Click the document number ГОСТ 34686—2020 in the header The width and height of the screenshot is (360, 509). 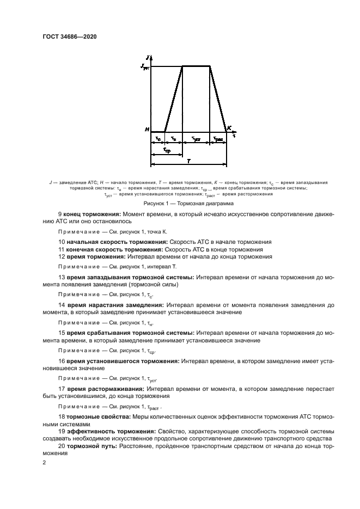click(74, 36)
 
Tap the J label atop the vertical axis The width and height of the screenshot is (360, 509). click(148, 57)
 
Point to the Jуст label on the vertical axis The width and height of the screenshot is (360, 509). click(144, 66)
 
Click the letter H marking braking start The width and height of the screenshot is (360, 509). click(147, 130)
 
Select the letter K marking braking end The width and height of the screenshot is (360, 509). click(229, 128)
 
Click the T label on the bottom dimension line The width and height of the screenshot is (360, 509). click(188, 161)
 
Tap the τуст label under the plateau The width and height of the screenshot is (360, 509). click(196, 139)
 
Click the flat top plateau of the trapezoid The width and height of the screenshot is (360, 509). click(196, 66)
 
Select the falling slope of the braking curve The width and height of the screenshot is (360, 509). click(218, 98)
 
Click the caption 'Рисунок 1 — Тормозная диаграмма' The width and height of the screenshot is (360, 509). click(180, 204)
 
